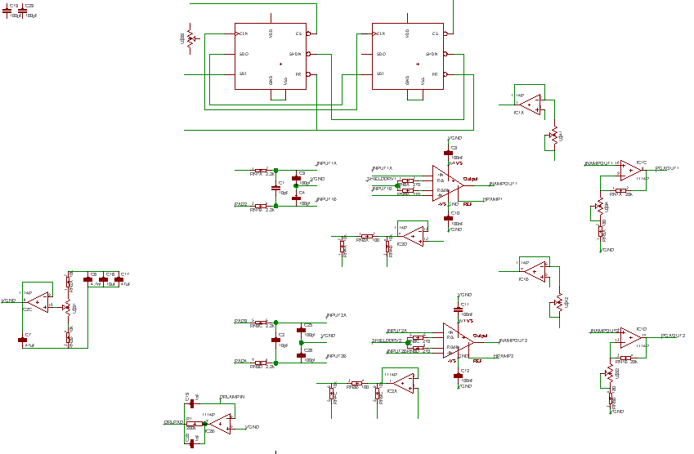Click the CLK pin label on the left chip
(244, 33)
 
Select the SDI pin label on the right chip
(380, 73)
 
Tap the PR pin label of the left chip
(299, 73)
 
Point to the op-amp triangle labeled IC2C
(37, 304)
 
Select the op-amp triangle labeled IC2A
(401, 383)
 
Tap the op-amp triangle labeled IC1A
(529, 102)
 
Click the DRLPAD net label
(172, 422)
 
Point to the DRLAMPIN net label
(232, 397)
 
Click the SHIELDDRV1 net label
(381, 178)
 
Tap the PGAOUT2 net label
(672, 336)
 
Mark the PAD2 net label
(240, 204)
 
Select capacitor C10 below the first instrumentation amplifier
(448, 217)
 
